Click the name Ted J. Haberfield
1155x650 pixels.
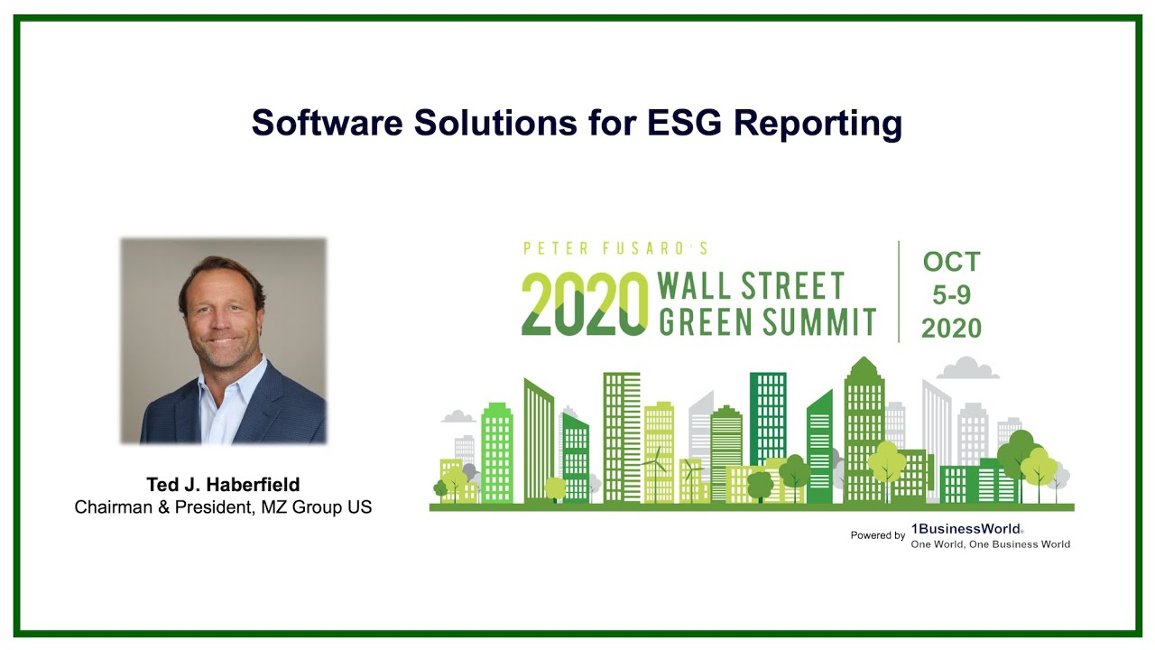coord(223,485)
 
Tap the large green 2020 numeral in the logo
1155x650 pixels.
coord(585,303)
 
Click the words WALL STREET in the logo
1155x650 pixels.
coord(751,286)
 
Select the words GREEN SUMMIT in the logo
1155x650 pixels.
coord(767,321)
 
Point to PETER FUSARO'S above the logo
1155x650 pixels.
coord(615,248)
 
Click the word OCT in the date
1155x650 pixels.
coord(951,262)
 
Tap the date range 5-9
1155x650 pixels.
coord(951,295)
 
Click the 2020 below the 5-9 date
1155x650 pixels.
coord(951,329)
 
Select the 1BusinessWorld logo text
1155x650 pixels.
coord(966,529)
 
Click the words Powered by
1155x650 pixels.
coord(877,535)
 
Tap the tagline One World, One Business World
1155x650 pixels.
coord(990,544)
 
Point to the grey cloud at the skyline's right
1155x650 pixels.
coord(967,368)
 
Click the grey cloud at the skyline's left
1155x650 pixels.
coord(458,416)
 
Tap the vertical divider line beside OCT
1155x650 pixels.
coord(899,292)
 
